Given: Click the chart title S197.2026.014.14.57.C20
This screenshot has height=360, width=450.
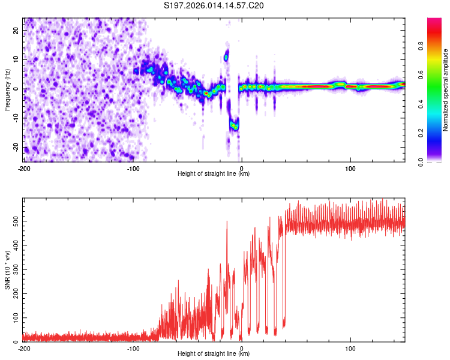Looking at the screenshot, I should click(214, 6).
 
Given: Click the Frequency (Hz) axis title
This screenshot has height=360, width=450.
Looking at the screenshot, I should click(7, 89).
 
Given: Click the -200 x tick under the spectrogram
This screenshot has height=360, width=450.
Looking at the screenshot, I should click(24, 167).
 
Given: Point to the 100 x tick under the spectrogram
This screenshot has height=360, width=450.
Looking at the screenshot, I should click(350, 167).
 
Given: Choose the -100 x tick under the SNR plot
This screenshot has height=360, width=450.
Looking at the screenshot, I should click(133, 348).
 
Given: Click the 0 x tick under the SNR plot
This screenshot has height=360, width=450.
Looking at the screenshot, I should click(241, 348).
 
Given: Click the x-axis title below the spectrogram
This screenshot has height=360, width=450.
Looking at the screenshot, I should click(214, 174).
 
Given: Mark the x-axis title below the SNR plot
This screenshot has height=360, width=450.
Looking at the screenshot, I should click(214, 355).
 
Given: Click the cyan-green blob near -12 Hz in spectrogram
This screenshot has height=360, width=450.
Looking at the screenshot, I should click(234, 124).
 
